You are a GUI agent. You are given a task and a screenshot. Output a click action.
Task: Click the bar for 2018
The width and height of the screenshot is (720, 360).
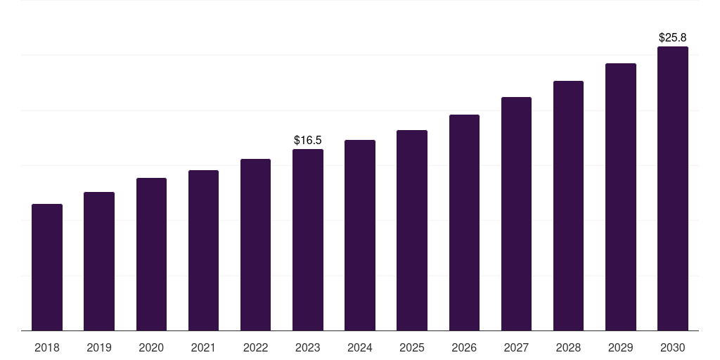click(47, 267)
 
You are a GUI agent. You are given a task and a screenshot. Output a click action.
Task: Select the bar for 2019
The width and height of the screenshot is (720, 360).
click(99, 261)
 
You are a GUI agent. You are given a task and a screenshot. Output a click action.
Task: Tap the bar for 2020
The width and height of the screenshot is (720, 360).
click(151, 254)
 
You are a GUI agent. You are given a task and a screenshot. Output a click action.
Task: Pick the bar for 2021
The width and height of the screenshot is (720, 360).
click(203, 250)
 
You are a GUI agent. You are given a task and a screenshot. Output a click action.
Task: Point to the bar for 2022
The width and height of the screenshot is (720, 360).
click(255, 245)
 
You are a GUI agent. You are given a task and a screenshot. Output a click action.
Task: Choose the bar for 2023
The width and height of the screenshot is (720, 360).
click(308, 240)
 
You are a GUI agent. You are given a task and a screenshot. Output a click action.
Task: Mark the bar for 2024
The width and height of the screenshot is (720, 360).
click(360, 235)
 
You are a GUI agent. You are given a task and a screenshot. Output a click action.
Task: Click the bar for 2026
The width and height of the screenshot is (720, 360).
click(464, 222)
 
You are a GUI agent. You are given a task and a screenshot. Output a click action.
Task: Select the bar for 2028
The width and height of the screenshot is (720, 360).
click(568, 205)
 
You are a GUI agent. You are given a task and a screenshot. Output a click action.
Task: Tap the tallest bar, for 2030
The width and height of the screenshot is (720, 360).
click(673, 188)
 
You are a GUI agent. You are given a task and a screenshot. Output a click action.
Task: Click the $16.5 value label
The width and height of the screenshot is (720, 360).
click(308, 141)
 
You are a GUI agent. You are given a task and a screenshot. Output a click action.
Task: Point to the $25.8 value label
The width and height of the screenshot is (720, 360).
click(673, 37)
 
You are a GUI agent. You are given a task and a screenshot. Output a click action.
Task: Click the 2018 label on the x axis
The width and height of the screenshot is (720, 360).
click(47, 348)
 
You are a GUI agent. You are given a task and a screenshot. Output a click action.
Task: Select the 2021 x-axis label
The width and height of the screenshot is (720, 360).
click(203, 348)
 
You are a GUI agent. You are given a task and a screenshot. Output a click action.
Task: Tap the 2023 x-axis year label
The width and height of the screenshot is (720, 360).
click(308, 348)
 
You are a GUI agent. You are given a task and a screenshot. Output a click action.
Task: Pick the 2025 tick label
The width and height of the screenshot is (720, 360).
click(412, 348)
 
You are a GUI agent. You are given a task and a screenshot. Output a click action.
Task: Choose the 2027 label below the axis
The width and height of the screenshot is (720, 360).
click(516, 348)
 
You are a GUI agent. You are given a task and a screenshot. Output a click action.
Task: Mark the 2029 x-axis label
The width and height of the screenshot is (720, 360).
click(621, 348)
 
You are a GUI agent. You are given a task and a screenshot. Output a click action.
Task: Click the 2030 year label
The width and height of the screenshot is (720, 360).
click(673, 348)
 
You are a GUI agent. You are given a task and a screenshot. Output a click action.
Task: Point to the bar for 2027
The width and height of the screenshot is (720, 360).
click(516, 214)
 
